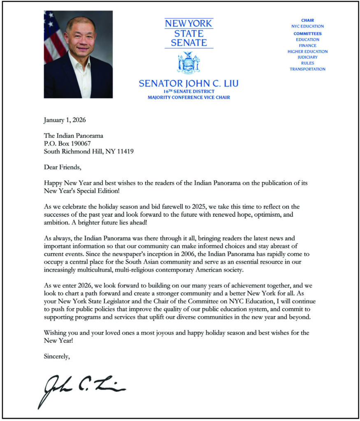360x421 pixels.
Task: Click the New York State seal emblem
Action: tap(188, 63)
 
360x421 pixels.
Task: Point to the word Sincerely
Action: tap(57, 356)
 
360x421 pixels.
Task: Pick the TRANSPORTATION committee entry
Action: tap(307, 69)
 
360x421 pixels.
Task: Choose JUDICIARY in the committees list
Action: tap(307, 57)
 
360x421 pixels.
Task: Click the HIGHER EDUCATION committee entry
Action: tap(307, 51)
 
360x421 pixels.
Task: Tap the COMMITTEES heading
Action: tap(307, 34)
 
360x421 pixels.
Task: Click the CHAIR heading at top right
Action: tap(307, 20)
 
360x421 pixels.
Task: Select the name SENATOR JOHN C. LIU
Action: tap(188, 83)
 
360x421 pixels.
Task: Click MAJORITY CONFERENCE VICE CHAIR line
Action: tap(188, 97)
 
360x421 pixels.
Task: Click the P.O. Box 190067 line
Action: tap(67, 143)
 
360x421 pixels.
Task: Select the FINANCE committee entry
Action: tap(307, 46)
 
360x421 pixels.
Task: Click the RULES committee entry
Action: tap(307, 63)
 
